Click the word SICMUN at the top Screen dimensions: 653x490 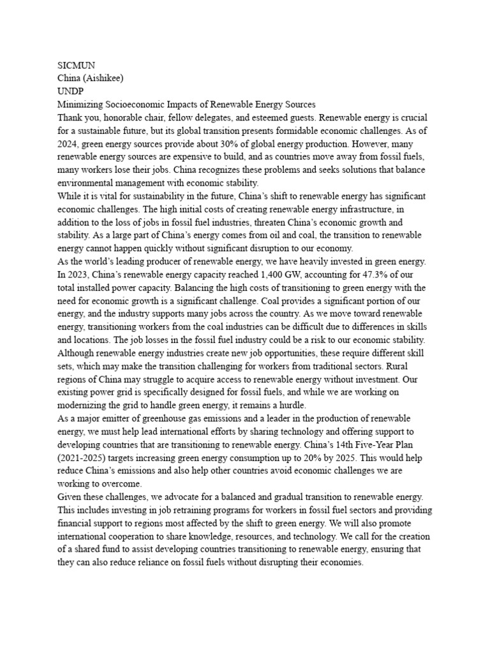[75, 64]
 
